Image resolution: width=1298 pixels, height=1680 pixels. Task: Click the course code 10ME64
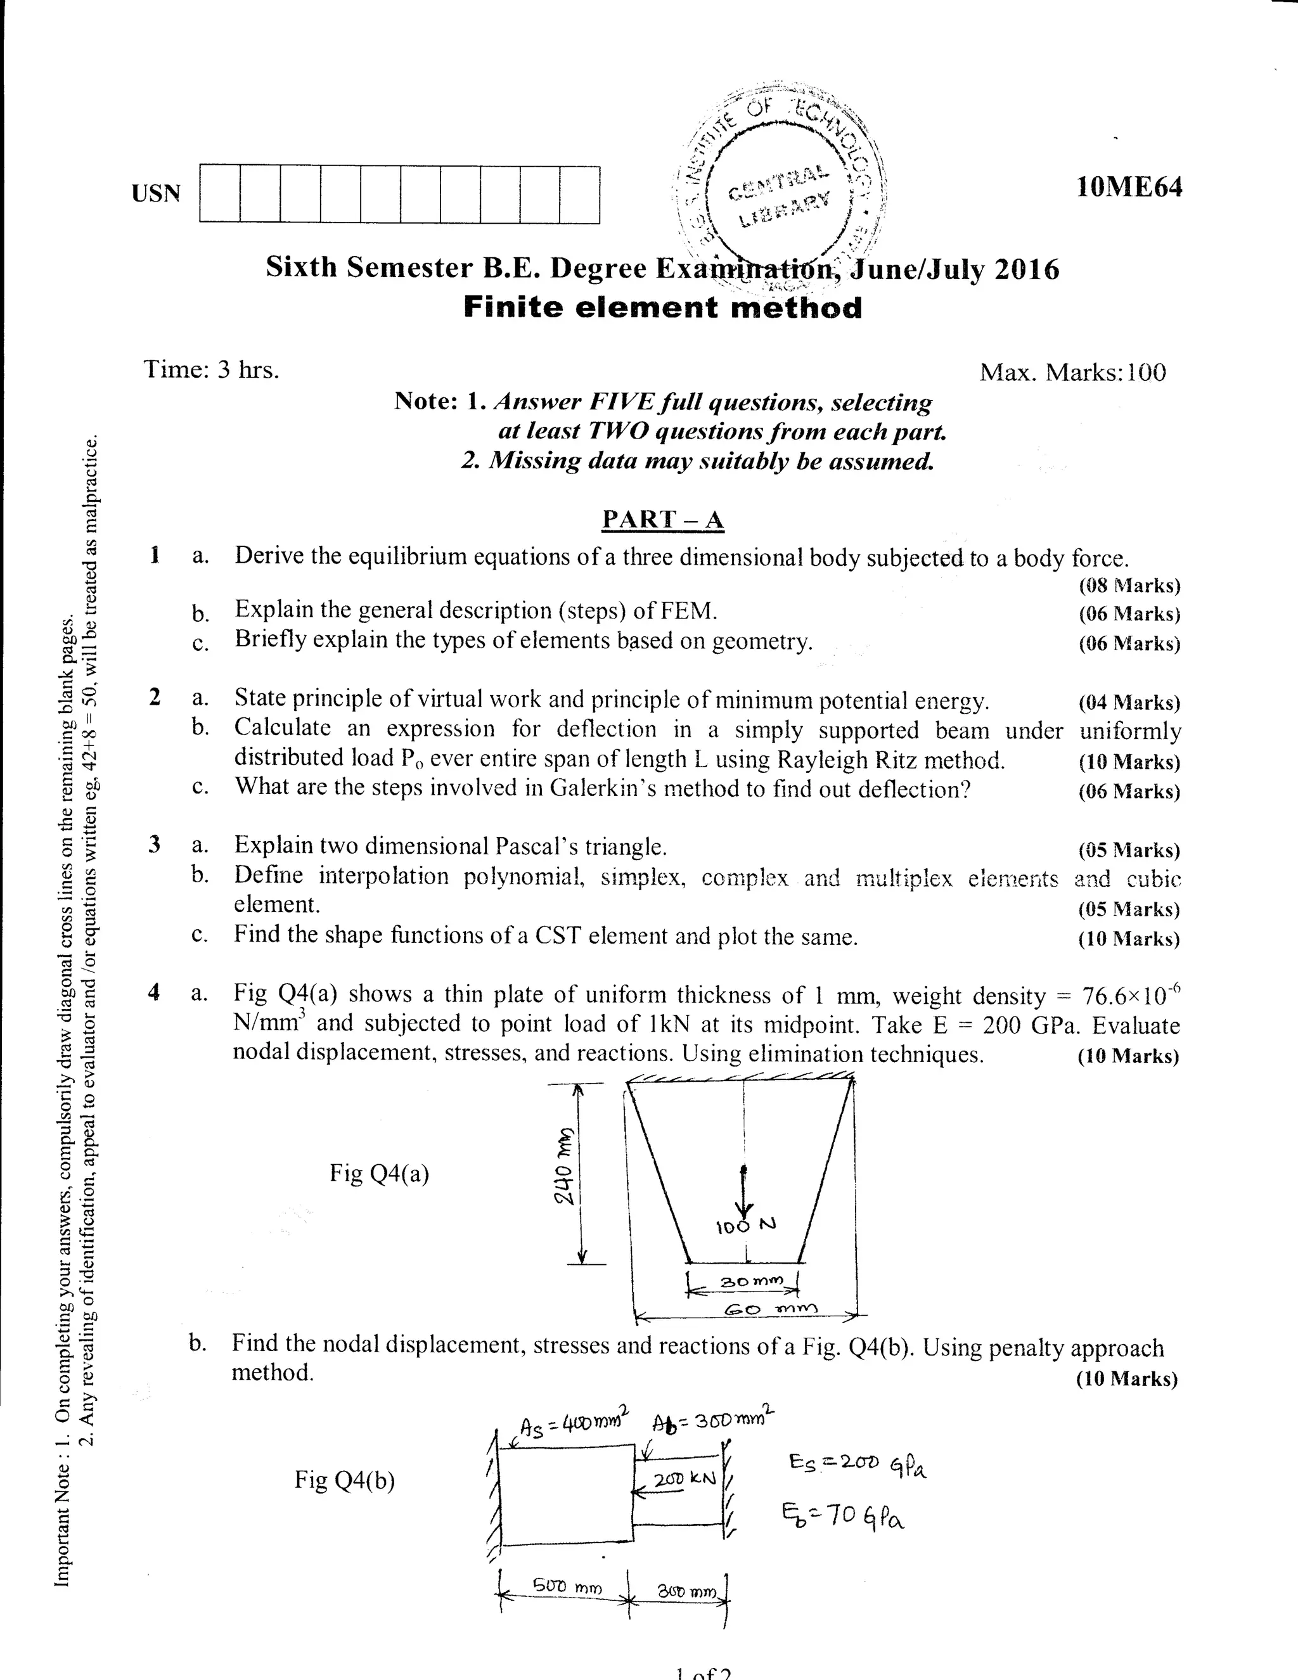[x=1129, y=187]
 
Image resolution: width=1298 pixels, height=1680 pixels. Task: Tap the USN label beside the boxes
[x=156, y=193]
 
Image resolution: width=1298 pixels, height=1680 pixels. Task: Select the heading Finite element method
[x=662, y=308]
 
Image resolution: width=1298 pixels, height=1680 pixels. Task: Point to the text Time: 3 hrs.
[x=212, y=370]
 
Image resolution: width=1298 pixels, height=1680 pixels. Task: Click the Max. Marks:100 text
[x=1072, y=373]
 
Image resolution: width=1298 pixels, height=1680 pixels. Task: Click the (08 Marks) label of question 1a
[x=1129, y=586]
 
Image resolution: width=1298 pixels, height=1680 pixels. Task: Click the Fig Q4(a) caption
[x=379, y=1173]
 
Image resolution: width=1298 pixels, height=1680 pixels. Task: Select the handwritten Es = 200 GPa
[x=857, y=1465]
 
